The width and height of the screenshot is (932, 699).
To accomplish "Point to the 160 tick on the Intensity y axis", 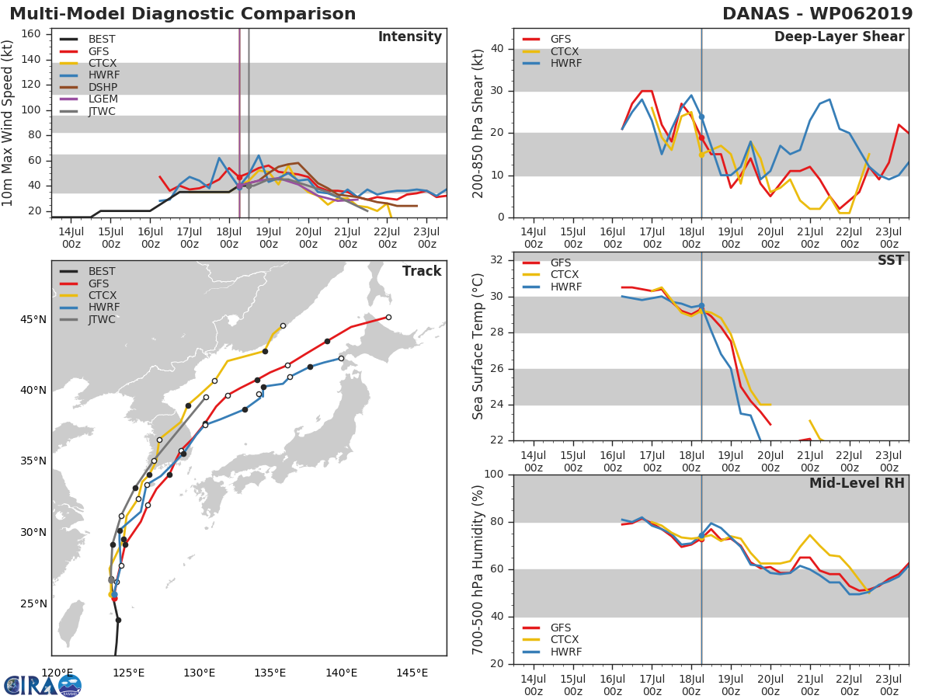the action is click(x=31, y=34).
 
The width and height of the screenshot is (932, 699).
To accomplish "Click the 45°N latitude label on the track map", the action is click(x=33, y=319).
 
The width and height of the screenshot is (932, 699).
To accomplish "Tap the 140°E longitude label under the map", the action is click(x=341, y=673).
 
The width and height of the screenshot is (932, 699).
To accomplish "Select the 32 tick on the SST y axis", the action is click(x=497, y=259).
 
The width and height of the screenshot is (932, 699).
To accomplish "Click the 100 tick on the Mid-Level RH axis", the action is click(x=494, y=474).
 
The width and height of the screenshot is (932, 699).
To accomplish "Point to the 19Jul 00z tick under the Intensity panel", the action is click(x=269, y=238).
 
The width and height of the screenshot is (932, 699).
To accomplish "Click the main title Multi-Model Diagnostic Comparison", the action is click(x=183, y=14).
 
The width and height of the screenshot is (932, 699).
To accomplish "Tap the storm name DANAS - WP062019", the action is click(x=817, y=13).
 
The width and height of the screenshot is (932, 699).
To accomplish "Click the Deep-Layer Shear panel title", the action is click(x=839, y=37).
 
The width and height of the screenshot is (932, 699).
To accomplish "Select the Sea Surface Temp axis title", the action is click(x=478, y=346).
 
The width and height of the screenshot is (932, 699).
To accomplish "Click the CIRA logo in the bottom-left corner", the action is click(x=43, y=686).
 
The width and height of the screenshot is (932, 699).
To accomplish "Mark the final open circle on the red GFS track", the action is click(x=388, y=317).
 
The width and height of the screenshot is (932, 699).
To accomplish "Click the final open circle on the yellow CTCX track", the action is click(x=283, y=326).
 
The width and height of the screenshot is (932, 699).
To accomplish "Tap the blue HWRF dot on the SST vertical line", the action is click(x=701, y=305).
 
